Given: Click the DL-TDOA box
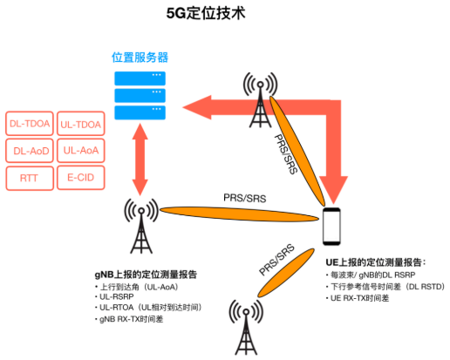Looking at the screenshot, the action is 30,124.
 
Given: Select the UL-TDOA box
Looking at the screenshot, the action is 81,124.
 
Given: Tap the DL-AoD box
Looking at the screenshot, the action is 30,151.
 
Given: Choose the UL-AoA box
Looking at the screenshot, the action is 81,151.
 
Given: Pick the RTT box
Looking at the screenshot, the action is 30,178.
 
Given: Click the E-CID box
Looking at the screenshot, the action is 81,178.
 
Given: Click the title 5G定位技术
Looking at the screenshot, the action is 206,13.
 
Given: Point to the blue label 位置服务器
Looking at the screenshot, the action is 140,58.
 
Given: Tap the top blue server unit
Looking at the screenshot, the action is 140,78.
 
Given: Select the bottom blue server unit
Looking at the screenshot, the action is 140,112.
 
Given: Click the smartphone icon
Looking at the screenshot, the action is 331,227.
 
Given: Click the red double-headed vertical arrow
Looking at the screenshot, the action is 140,160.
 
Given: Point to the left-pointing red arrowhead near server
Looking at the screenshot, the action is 197,107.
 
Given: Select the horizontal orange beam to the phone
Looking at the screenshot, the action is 239,214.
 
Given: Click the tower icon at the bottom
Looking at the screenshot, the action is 246,328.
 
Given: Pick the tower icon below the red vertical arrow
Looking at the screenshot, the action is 141,226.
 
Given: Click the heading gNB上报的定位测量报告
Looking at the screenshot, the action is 146,275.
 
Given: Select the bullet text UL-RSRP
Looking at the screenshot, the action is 116,296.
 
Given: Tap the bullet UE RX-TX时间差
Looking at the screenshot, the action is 359,298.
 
